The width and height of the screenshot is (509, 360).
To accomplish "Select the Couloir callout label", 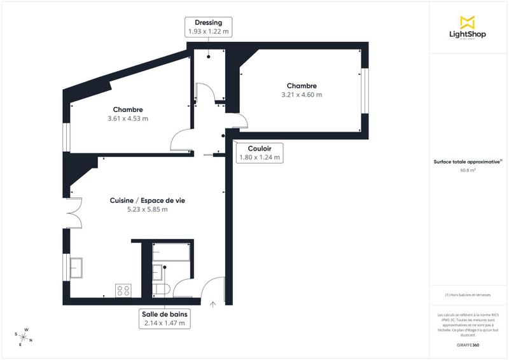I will point(260,153).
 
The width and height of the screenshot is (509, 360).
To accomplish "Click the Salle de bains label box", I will point(165,319).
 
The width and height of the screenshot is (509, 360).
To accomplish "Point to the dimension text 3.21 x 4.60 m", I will point(302,95).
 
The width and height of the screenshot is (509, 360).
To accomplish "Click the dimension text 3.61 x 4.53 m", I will point(128,118).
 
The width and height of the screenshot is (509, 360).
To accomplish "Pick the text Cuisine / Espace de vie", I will point(147,200).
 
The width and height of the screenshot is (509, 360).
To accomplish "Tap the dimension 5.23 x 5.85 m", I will point(147,210).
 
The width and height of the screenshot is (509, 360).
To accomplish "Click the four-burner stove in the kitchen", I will point(123,291).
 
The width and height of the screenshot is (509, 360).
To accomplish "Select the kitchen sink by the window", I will point(77,267).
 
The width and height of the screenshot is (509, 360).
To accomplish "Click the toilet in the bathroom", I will point(162,290).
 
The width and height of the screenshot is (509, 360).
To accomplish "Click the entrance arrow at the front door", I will point(213,304).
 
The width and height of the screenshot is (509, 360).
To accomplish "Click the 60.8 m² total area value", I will point(468,170).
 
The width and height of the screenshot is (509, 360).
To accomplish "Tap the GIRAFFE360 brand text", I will point(468,344).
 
